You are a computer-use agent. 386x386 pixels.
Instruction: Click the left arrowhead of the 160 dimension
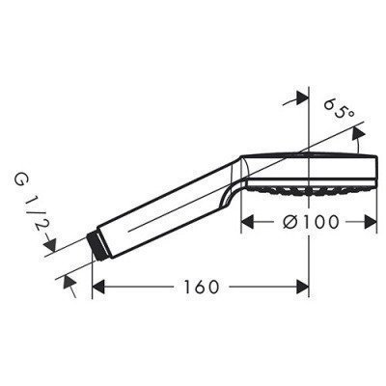97,287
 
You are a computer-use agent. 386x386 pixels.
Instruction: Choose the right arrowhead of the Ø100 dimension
369,222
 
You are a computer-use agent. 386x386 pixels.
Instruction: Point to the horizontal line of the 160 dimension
145,287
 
